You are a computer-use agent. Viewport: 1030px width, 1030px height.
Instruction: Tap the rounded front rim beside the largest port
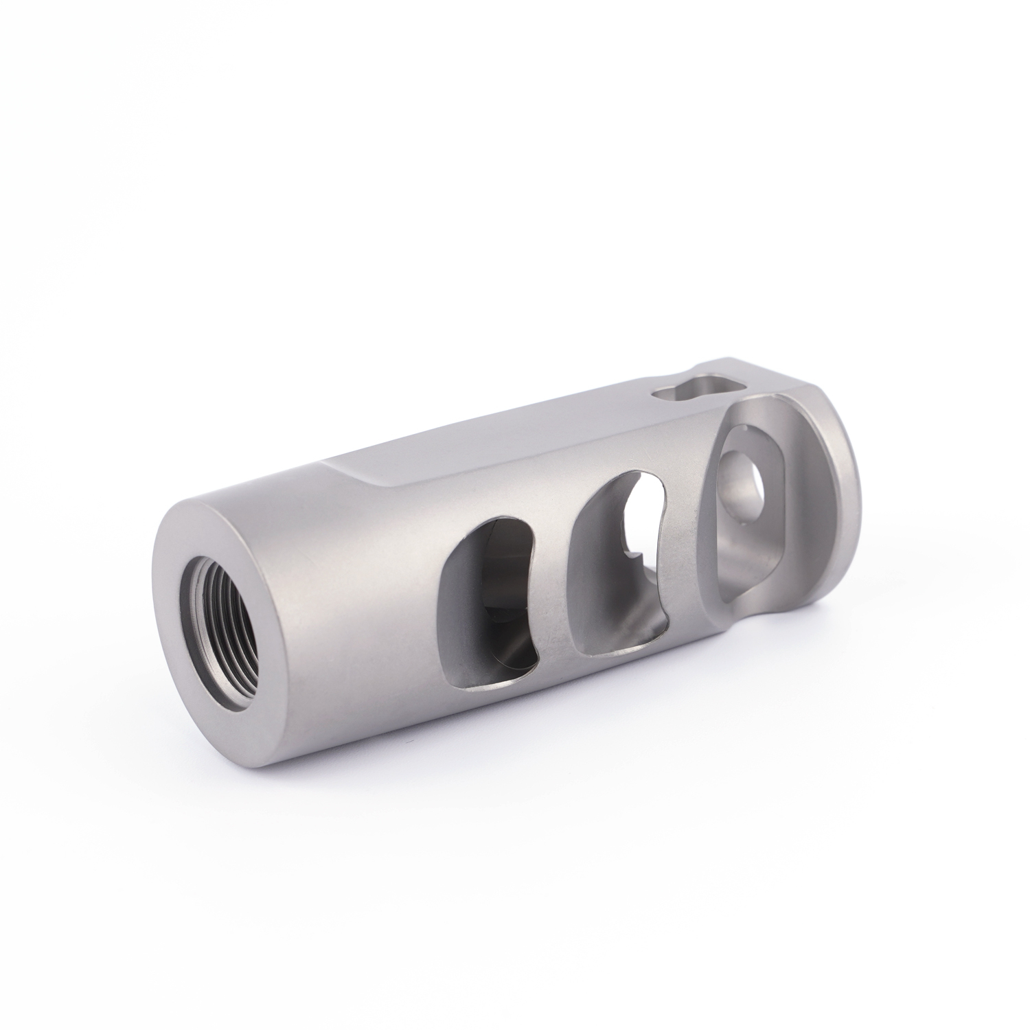point(834,494)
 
